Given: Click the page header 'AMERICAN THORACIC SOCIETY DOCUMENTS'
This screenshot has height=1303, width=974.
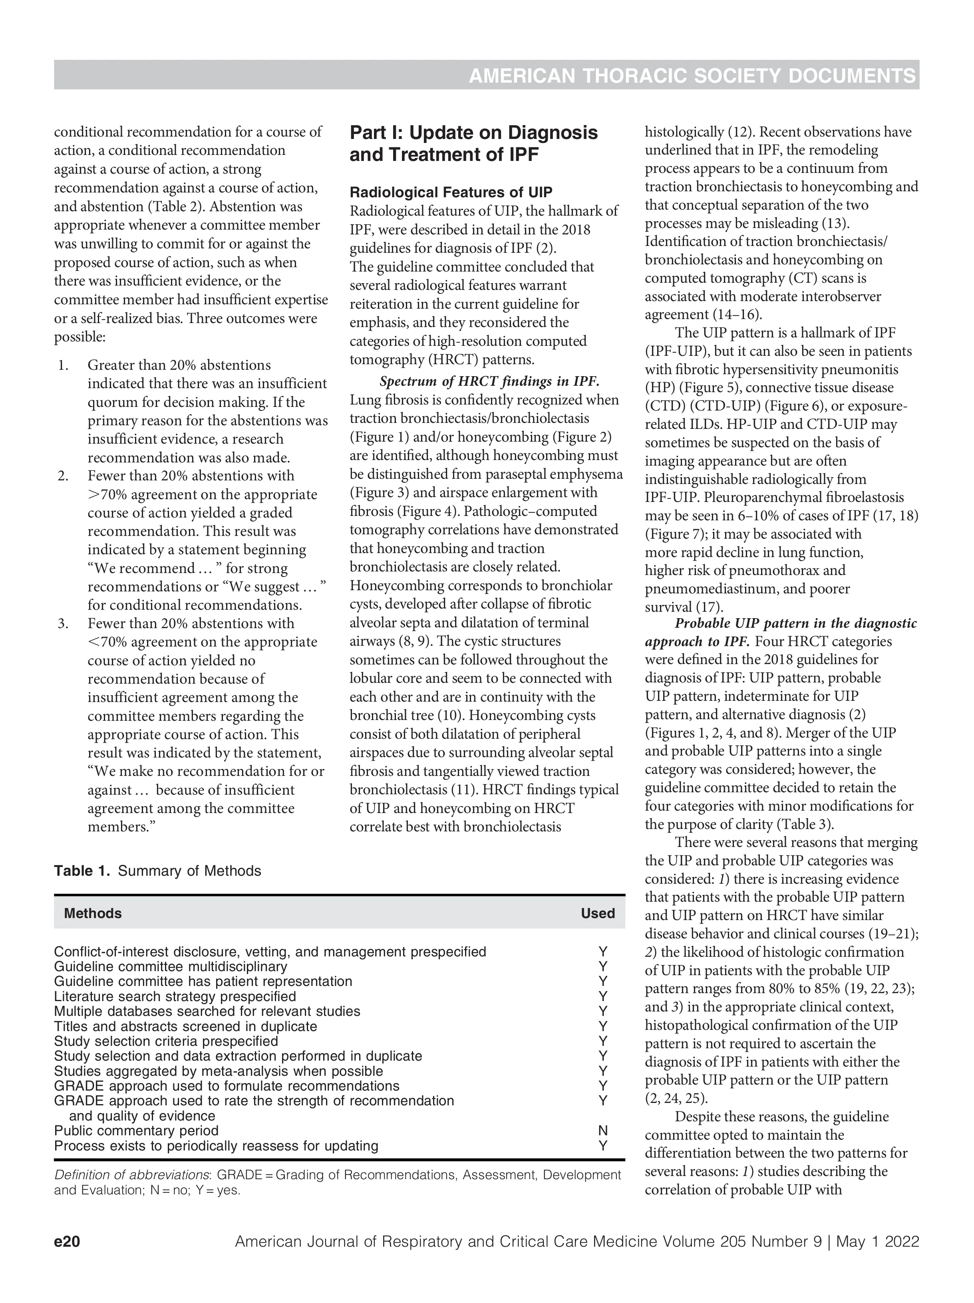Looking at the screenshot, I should click(x=692, y=76).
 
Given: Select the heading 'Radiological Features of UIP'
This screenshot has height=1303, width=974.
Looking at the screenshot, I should click(x=451, y=192).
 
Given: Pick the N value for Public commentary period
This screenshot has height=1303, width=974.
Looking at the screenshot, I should click(x=602, y=1130).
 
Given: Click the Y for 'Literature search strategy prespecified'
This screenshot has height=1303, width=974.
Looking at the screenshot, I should click(x=602, y=997).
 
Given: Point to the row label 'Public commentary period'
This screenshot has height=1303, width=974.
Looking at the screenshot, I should click(x=136, y=1130).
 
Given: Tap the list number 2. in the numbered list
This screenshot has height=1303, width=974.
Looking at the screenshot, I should click(x=63, y=475).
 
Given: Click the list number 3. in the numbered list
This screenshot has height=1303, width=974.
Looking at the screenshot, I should click(x=63, y=623).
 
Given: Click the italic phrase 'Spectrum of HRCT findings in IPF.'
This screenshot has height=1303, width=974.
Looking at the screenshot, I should click(x=489, y=381).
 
